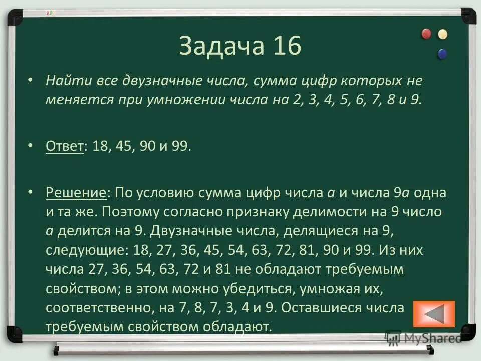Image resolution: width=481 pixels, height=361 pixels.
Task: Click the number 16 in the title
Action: coord(287,46)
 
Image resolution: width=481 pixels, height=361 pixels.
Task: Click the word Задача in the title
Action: coord(221,46)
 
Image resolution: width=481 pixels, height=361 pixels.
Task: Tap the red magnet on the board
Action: coord(426,34)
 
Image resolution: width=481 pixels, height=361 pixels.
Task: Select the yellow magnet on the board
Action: coord(442,34)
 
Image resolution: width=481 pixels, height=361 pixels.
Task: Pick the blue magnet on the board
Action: coord(442,53)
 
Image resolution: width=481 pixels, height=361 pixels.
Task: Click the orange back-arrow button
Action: coord(434,314)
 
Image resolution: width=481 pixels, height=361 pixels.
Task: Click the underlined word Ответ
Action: coord(64,147)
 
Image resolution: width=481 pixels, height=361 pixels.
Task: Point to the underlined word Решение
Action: coord(76,193)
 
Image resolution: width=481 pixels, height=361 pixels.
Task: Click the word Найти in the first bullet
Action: coord(64,81)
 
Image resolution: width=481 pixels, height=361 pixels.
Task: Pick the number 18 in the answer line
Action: coord(98,147)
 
